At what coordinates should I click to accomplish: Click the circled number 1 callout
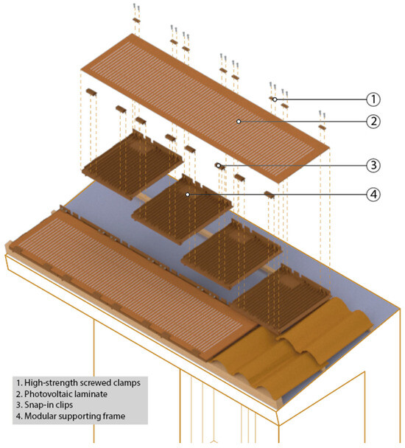[x=373, y=99]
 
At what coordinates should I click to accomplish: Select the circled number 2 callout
[x=373, y=122]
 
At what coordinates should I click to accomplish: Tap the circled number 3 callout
[x=373, y=166]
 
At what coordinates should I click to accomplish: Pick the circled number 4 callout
[x=373, y=195]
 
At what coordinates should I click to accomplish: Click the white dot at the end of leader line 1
[x=275, y=99]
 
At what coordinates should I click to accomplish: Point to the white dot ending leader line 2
[x=239, y=122]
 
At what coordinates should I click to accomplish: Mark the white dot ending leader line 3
[x=218, y=166]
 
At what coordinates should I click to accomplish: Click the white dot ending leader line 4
[x=188, y=195]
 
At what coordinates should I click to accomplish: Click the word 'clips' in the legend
[x=64, y=405]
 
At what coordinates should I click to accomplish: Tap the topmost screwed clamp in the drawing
[x=136, y=21]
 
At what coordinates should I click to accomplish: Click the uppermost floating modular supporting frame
[x=133, y=165]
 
